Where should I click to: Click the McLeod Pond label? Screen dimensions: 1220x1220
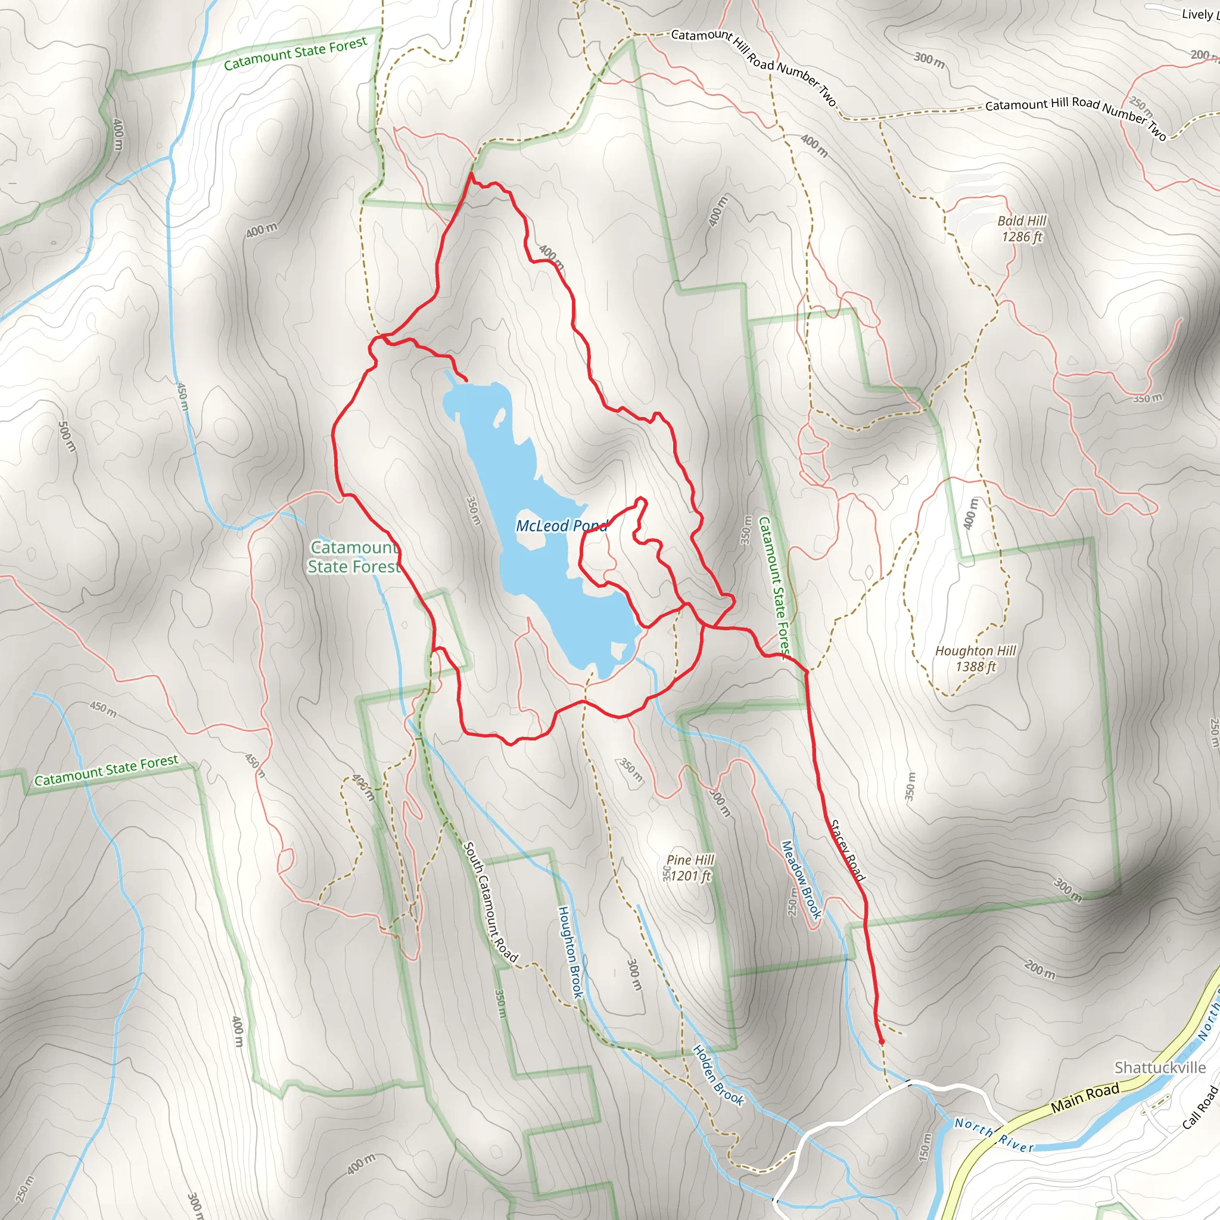[x=561, y=525]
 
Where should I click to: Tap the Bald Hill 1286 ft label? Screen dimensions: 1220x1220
[x=1021, y=229]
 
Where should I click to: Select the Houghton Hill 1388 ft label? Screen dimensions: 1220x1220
[x=975, y=659]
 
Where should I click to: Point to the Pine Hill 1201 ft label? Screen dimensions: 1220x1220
[x=690, y=867]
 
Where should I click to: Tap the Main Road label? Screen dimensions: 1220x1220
[x=1085, y=1097]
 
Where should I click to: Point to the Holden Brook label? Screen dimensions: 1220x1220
[x=718, y=1075]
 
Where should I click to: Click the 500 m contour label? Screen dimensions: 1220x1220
[x=66, y=436]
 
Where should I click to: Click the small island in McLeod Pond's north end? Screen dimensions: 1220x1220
[x=499, y=418]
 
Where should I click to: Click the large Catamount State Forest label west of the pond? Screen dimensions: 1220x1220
[x=354, y=557]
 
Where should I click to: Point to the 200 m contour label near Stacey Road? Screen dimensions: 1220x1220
[x=1040, y=969]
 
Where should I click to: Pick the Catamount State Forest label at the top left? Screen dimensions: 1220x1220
[x=295, y=54]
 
